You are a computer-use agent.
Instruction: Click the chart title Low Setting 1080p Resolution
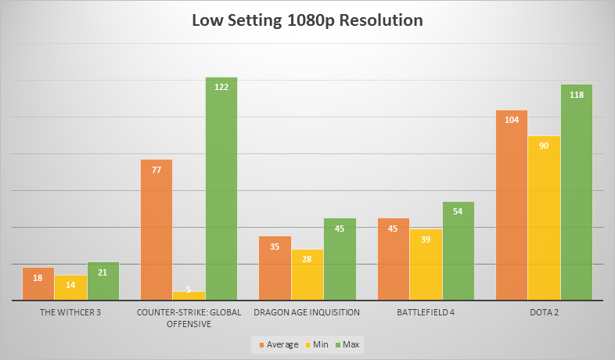[x=307, y=20]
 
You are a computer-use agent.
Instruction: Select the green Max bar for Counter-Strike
[x=221, y=188]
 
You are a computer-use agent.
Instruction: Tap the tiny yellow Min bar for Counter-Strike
[x=189, y=296]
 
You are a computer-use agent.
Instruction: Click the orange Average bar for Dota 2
[x=512, y=205]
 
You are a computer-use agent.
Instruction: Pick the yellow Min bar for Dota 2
[x=545, y=218]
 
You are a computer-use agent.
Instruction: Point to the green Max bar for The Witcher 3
[x=102, y=281]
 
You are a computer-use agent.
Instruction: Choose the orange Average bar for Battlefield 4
[x=394, y=259]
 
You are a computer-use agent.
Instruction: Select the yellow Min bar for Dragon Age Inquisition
[x=307, y=275]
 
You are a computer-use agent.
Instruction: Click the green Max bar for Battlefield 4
[x=458, y=250]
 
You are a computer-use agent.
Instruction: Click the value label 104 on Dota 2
[x=512, y=120]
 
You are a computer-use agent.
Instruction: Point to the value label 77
[x=156, y=169]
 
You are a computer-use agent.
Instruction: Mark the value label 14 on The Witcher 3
[x=70, y=285]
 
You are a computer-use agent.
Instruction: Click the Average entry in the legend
[x=278, y=344]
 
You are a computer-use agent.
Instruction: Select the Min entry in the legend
[x=318, y=344]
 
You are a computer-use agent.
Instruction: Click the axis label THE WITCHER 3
[x=70, y=311]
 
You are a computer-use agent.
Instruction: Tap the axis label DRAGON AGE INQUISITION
[x=307, y=311]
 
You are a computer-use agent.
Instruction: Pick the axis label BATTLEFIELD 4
[x=426, y=311]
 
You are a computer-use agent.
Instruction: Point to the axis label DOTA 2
[x=545, y=311]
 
